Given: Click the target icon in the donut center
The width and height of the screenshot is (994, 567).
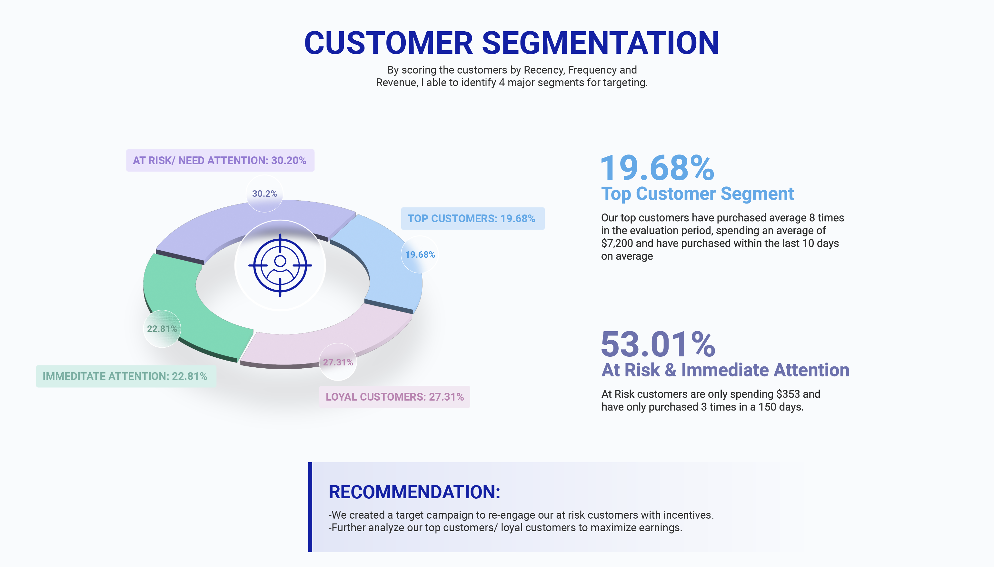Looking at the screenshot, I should click(280, 265).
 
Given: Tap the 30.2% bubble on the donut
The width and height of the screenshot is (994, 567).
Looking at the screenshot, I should click(264, 194).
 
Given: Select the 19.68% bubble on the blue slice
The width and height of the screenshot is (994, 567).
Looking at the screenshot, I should click(420, 254).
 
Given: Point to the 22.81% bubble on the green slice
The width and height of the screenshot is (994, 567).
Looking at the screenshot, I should click(162, 329).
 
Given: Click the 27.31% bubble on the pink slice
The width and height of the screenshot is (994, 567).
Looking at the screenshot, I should click(338, 362).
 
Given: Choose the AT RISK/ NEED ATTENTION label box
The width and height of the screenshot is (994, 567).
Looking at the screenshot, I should click(220, 160).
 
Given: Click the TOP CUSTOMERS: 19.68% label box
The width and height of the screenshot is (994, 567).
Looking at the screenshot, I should click(472, 218).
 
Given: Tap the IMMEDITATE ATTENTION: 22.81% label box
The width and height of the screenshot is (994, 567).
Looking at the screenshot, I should click(125, 376).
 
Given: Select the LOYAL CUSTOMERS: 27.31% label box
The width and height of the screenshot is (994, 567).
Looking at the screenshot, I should click(394, 397).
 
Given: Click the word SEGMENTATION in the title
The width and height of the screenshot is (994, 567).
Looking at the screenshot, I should click(601, 43).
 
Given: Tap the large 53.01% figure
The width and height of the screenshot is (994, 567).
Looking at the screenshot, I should click(658, 344).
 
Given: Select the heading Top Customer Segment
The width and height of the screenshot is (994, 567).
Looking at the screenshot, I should click(697, 194).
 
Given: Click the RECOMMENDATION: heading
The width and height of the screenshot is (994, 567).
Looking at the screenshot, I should click(414, 492).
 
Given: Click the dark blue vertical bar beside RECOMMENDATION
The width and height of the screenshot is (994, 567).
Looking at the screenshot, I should click(310, 507).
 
